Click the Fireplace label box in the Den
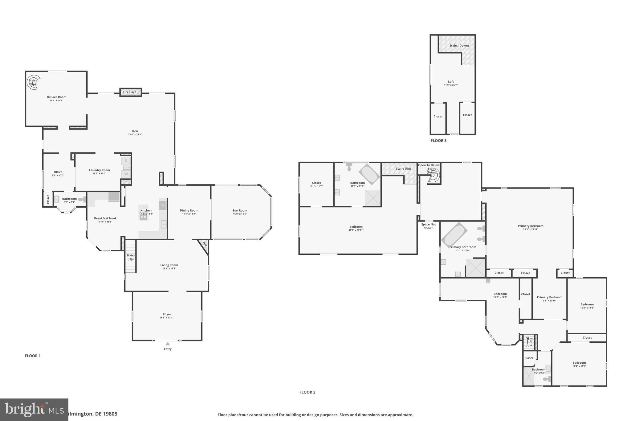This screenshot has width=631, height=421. pyautogui.click(x=130, y=92)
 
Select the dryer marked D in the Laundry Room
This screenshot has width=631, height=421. pyautogui.click(x=126, y=161)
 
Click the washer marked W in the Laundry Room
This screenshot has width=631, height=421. pyautogui.click(x=126, y=174)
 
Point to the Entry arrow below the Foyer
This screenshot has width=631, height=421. pyautogui.click(x=168, y=344)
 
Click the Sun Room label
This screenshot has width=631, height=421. pyautogui.click(x=240, y=211)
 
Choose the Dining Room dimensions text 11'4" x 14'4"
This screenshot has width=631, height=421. pyautogui.click(x=189, y=214)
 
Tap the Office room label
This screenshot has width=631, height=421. pyautogui.click(x=58, y=172)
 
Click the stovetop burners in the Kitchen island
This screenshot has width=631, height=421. pyautogui.click(x=143, y=217)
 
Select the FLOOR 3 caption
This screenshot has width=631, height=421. pyautogui.click(x=438, y=141)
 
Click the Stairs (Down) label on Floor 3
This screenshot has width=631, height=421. pyautogui.click(x=459, y=46)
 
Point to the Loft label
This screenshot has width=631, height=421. pyautogui.click(x=451, y=82)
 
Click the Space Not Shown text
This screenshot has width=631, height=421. pyautogui.click(x=429, y=226)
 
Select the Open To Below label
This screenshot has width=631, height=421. pyautogui.click(x=429, y=165)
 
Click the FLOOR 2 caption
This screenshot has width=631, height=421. pyautogui.click(x=307, y=392)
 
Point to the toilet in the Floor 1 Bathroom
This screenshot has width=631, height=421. pyautogui.click(x=82, y=200)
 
